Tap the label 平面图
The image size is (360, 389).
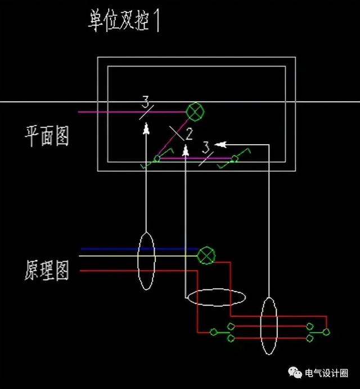click(x=47, y=135)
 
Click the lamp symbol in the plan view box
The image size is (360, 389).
click(x=195, y=111)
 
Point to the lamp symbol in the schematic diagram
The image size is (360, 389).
click(x=206, y=256)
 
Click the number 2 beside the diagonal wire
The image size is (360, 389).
click(x=189, y=133)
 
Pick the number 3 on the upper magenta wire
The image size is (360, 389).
click(x=146, y=103)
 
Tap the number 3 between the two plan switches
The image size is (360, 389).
click(x=205, y=147)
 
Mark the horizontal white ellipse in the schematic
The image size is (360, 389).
click(x=215, y=297)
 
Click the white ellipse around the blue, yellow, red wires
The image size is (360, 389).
click(x=146, y=261)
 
